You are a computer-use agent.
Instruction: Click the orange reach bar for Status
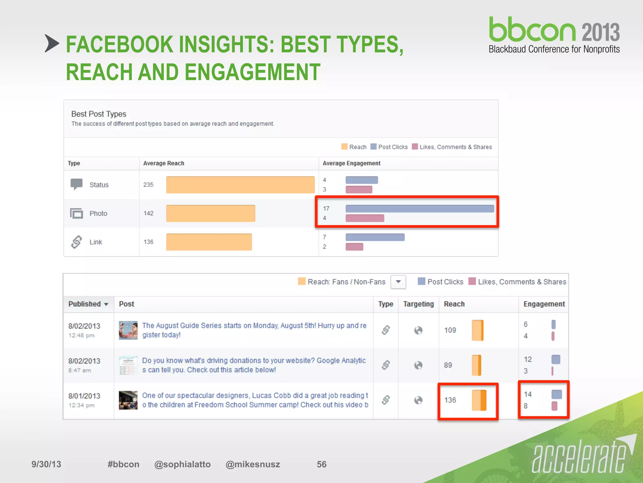point(240,185)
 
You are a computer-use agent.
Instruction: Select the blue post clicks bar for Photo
point(419,208)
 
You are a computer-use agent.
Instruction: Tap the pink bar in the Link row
point(354,247)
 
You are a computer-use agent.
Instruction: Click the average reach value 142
point(149,213)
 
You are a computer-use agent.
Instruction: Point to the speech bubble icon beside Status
point(76,184)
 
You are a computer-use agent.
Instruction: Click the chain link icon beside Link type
point(76,242)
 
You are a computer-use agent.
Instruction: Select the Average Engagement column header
point(351,163)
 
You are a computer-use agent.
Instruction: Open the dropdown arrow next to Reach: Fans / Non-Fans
point(398,282)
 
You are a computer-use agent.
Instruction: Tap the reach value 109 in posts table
point(450,330)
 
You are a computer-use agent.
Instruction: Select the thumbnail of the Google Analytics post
point(128,365)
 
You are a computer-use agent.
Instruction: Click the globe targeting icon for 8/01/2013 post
point(418,400)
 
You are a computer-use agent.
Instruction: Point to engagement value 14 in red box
point(527,394)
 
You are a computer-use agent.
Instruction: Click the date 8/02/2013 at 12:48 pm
point(84,326)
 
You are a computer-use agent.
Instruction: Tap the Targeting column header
point(418,304)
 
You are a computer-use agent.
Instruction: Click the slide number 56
point(321,464)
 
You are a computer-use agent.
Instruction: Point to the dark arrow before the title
point(51,43)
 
